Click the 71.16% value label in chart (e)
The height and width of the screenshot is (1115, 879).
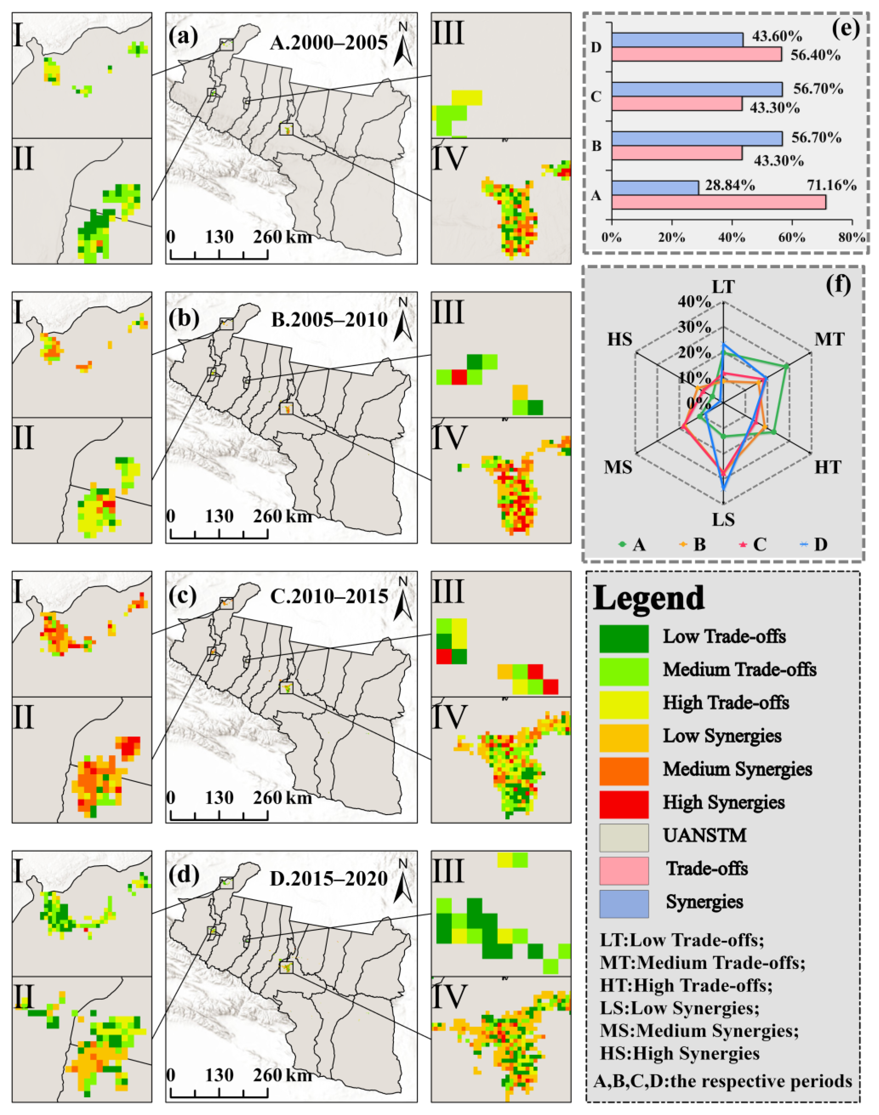coord(831,185)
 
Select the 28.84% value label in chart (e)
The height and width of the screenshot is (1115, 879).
coord(730,185)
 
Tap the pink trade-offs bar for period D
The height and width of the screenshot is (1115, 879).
coord(696,54)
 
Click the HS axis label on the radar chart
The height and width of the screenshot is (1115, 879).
coord(620,340)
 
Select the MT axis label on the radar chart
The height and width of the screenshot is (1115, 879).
coord(829,340)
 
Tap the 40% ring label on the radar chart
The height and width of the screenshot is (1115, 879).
coord(695,302)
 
